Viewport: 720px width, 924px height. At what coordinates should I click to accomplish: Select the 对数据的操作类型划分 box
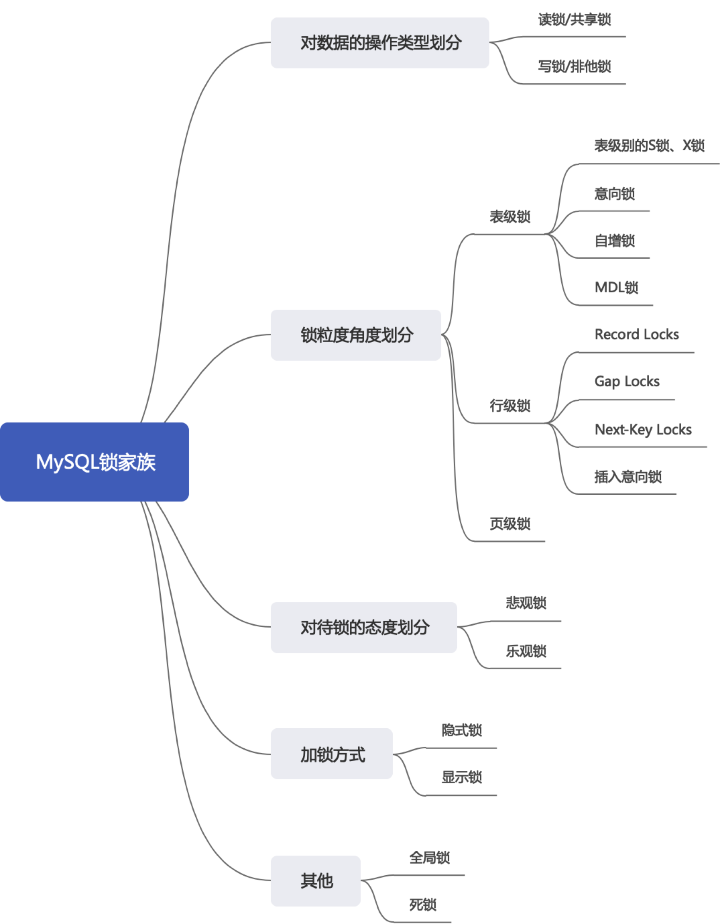tap(380, 43)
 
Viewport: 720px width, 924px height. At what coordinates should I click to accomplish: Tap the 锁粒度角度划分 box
tap(356, 335)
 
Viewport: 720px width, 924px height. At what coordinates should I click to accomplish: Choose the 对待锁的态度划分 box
tap(364, 628)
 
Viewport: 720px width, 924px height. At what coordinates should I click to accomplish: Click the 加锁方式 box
tap(331, 755)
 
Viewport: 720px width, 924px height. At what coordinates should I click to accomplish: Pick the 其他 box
tap(316, 881)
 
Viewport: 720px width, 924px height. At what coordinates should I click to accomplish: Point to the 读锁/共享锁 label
tap(574, 20)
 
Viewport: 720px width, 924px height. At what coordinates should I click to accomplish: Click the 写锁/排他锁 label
tap(574, 67)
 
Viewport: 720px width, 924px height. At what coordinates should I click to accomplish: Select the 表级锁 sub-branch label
tap(510, 217)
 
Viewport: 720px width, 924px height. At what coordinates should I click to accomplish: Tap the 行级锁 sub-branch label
tap(510, 406)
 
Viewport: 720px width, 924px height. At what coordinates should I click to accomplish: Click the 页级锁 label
tap(510, 524)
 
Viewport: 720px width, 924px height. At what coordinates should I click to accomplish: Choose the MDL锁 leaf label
tap(616, 288)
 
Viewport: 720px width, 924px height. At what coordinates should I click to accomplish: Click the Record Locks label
tap(636, 335)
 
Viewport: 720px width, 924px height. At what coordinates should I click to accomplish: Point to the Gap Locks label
tap(626, 381)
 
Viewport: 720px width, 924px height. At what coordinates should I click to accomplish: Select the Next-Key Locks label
tap(643, 429)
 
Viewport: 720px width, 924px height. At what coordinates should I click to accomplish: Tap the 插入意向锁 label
tap(628, 477)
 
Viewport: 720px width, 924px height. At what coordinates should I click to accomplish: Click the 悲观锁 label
tap(526, 603)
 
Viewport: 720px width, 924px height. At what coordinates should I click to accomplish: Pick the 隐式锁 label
tap(461, 730)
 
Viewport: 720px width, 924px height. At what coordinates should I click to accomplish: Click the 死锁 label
tap(423, 905)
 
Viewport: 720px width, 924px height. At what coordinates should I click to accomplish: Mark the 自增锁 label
tap(614, 241)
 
